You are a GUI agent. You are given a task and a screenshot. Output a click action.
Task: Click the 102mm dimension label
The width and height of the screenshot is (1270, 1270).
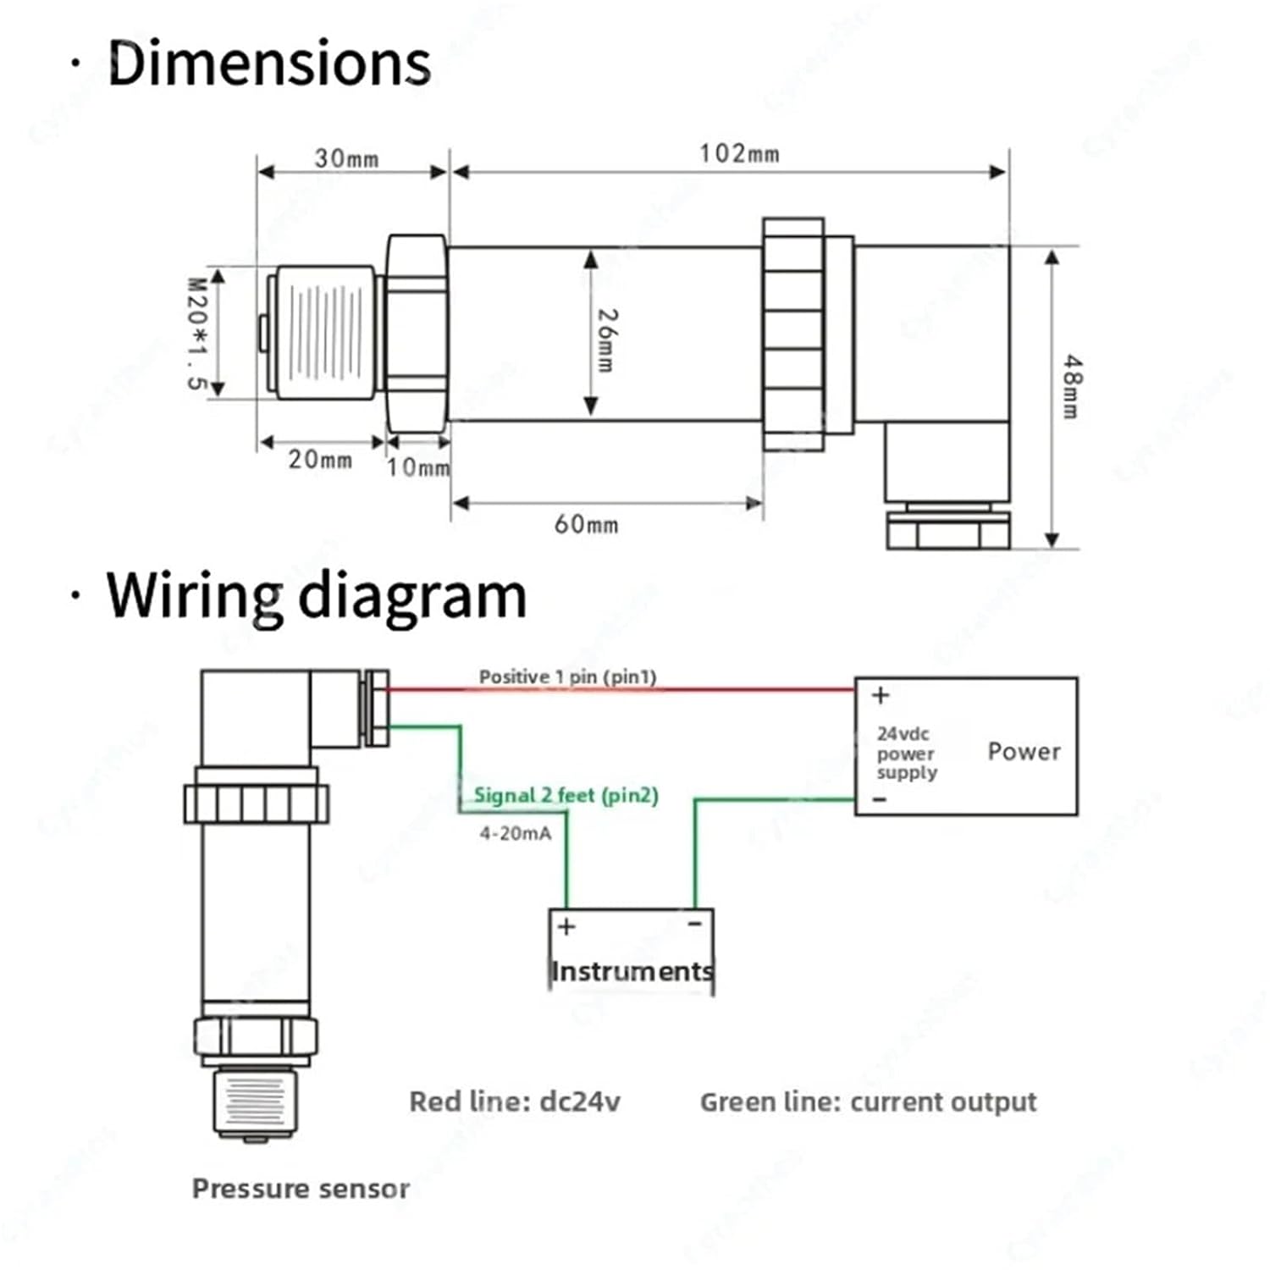(739, 154)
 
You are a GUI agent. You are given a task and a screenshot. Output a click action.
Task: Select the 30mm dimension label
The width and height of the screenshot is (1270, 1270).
(346, 158)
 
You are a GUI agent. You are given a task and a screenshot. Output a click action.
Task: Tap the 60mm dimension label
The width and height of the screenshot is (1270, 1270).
(586, 524)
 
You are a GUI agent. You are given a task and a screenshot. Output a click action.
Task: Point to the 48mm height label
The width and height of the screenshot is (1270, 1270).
(1072, 386)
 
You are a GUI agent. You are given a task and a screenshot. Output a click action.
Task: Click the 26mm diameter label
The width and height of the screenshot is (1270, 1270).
(607, 340)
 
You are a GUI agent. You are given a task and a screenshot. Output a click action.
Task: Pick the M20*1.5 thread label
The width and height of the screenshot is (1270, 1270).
(196, 334)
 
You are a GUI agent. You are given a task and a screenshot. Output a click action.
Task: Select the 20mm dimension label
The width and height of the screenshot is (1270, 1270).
(320, 460)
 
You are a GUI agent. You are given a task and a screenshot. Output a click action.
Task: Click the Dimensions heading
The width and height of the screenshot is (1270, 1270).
(269, 63)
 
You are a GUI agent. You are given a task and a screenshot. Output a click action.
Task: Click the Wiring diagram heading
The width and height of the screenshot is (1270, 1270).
(316, 596)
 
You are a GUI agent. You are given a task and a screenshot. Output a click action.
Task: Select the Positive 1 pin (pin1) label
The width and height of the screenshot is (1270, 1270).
(567, 676)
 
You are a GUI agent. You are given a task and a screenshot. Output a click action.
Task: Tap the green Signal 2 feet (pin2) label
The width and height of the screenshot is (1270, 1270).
(566, 795)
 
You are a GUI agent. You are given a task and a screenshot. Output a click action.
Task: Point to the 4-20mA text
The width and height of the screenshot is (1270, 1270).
(515, 833)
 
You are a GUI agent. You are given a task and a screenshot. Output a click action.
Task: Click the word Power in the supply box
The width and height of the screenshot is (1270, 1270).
(1024, 751)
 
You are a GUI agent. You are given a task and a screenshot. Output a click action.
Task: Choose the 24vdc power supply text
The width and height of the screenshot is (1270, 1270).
(906, 753)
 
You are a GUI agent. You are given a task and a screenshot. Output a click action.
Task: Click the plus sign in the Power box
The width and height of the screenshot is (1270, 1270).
(881, 695)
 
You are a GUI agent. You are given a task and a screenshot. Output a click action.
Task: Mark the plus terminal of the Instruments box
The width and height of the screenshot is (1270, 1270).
(566, 926)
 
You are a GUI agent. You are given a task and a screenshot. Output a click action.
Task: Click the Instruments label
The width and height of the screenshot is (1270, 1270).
(632, 971)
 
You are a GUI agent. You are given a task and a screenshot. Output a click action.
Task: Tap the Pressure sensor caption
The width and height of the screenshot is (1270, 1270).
(301, 1189)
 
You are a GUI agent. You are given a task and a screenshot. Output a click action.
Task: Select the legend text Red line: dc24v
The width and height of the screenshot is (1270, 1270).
(515, 1102)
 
